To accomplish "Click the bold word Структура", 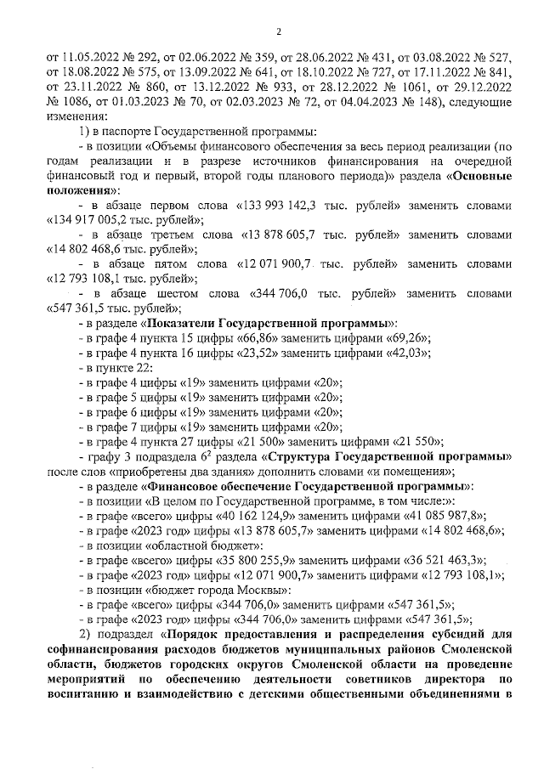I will click(x=322, y=456).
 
